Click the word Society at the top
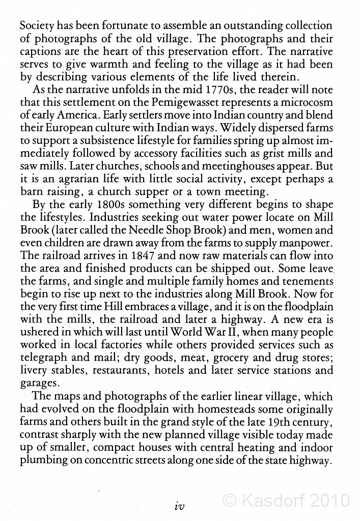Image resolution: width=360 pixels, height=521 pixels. (x=36, y=26)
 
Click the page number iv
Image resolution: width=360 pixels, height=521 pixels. (x=180, y=506)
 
